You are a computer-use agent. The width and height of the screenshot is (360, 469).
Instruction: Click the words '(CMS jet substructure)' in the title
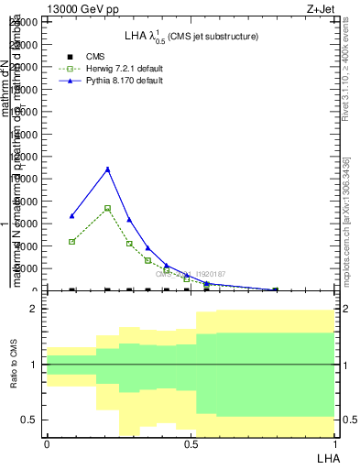point(213,37)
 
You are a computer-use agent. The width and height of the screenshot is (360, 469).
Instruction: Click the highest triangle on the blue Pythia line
point(107,169)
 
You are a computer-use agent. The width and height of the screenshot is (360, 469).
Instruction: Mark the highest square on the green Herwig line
point(107,208)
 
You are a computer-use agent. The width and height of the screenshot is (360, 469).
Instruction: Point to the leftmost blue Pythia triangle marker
point(72,216)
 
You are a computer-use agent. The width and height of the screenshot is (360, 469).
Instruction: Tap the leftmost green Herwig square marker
point(72,242)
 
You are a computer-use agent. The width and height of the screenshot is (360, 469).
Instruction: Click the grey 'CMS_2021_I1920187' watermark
point(190,274)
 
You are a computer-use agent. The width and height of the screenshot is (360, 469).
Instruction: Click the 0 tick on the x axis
point(47,444)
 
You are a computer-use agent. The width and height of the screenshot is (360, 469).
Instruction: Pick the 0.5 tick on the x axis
point(190,444)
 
